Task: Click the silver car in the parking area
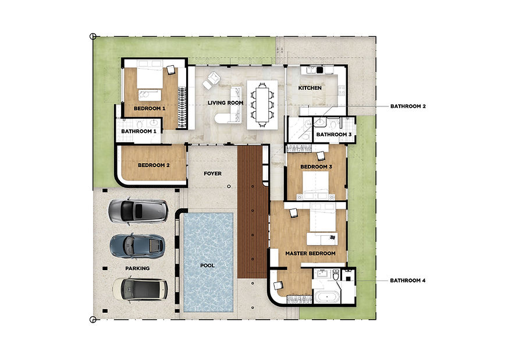tap(138, 211)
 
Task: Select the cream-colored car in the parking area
tap(140, 289)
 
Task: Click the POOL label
tap(207, 266)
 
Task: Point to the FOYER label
tap(212, 174)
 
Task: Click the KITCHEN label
tap(310, 88)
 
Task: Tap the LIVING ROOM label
tap(225, 102)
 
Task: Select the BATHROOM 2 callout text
tap(408, 106)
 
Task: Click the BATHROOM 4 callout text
tap(407, 280)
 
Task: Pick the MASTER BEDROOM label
tap(310, 253)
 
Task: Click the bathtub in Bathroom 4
tap(326, 298)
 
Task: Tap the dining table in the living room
tap(262, 104)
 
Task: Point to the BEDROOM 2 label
tap(154, 165)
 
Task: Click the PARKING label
tap(137, 268)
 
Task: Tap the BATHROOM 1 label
tap(138, 132)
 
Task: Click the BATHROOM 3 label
tap(334, 135)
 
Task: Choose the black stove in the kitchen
tap(319, 70)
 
